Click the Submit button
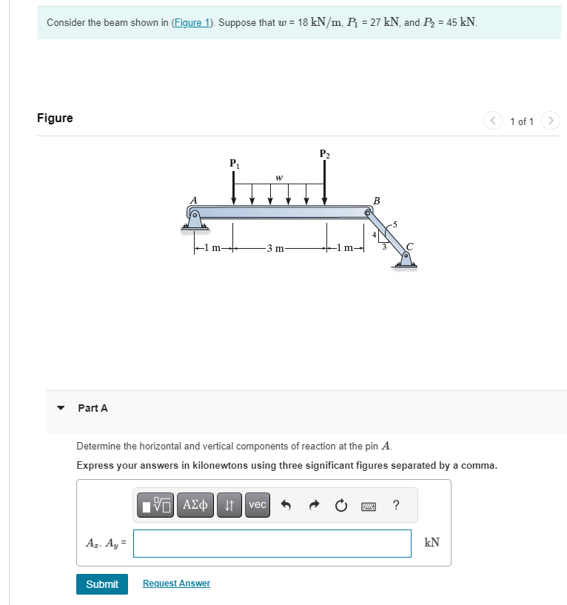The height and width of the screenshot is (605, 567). (x=101, y=584)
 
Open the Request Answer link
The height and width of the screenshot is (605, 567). (x=176, y=584)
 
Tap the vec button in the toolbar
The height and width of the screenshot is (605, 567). (x=258, y=505)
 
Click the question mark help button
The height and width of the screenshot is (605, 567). (x=397, y=505)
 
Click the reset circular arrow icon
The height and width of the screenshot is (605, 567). (x=340, y=506)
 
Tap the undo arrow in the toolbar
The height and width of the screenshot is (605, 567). (x=286, y=506)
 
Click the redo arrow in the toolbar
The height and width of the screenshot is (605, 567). (x=313, y=506)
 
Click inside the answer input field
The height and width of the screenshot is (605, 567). (x=272, y=543)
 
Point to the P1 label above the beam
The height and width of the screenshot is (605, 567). (x=234, y=163)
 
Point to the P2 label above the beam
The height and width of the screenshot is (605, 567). (x=324, y=154)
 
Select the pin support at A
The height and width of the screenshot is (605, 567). (x=195, y=220)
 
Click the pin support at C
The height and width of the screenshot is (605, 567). (x=405, y=258)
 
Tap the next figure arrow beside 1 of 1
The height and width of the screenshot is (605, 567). (x=550, y=121)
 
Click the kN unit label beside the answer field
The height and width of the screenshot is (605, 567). (x=432, y=543)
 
